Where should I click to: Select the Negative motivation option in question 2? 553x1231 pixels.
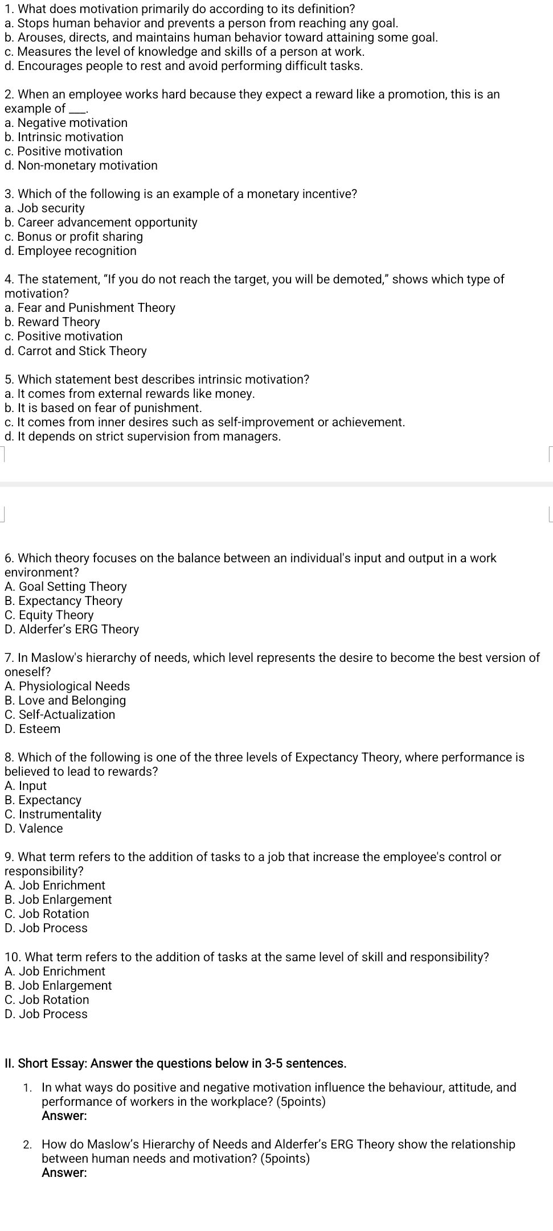pyautogui.click(x=66, y=123)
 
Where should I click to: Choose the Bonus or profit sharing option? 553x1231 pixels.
pyautogui.click(x=73, y=237)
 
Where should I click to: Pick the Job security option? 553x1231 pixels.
pyautogui.click(x=44, y=208)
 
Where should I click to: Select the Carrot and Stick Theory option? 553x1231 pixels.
pyautogui.click(x=75, y=351)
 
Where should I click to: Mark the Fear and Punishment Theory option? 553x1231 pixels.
pyautogui.click(x=90, y=308)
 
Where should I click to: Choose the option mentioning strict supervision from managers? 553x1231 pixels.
pyautogui.click(x=142, y=437)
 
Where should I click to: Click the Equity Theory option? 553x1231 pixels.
pyautogui.click(x=49, y=615)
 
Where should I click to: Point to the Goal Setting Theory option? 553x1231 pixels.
pyautogui.click(x=65, y=587)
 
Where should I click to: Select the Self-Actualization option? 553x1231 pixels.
pyautogui.click(x=60, y=715)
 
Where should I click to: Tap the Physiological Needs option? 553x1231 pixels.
pyautogui.click(x=67, y=686)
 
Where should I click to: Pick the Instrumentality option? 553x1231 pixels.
pyautogui.click(x=53, y=814)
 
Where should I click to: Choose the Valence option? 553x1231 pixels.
pyautogui.click(x=34, y=829)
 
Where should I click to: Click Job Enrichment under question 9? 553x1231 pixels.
pyautogui.click(x=55, y=886)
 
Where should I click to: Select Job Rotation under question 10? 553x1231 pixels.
pyautogui.click(x=47, y=1000)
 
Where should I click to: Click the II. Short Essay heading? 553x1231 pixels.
pyautogui.click(x=175, y=1064)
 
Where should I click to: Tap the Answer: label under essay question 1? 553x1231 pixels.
pyautogui.click(x=64, y=1116)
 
